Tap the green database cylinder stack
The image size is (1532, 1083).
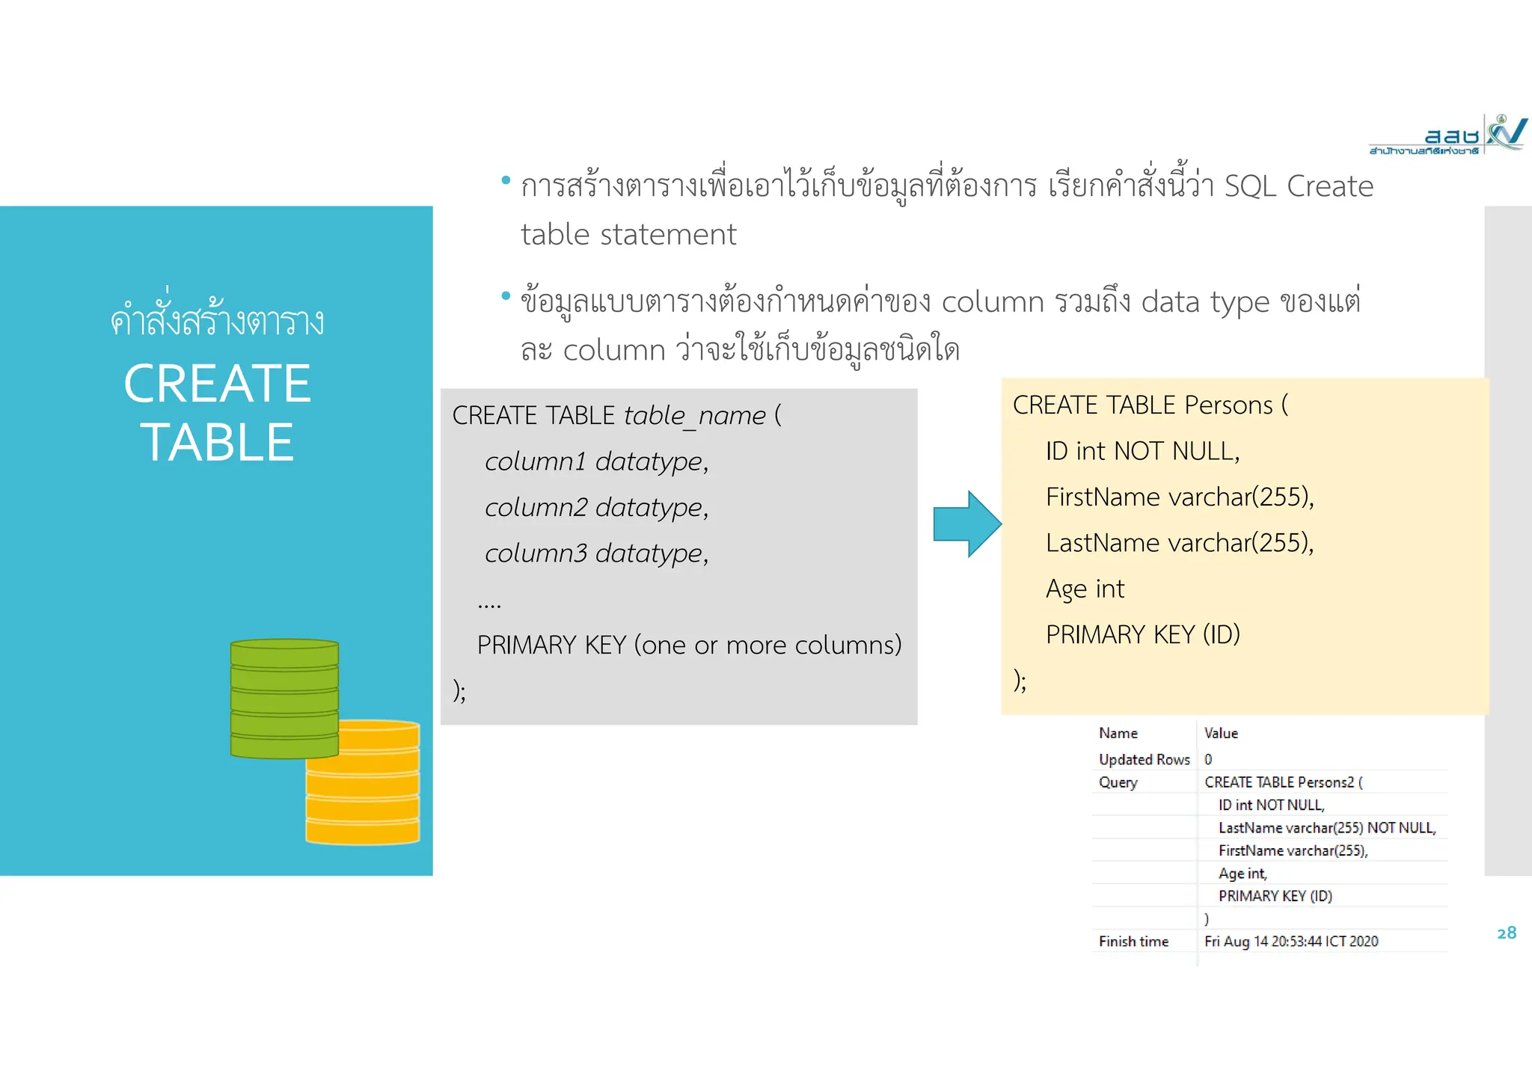click(x=284, y=698)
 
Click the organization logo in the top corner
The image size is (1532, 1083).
click(x=1447, y=135)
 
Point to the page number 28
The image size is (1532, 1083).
click(x=1507, y=933)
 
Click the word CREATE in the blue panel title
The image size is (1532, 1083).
click(x=217, y=384)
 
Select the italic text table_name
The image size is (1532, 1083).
click(x=694, y=416)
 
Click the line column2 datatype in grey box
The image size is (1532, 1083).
click(x=596, y=508)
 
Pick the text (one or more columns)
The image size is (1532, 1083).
click(x=767, y=645)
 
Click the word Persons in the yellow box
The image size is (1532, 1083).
click(x=1228, y=405)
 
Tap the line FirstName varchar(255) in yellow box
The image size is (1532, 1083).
click(x=1179, y=497)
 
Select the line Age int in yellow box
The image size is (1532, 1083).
click(x=1085, y=589)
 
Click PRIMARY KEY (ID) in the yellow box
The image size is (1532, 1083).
click(x=1142, y=635)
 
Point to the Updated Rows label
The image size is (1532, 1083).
click(x=1144, y=760)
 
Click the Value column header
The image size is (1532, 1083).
click(x=1221, y=734)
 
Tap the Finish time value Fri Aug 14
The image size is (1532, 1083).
click(x=1291, y=942)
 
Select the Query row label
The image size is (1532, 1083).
click(x=1118, y=782)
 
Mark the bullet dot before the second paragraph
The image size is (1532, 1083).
click(x=506, y=296)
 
